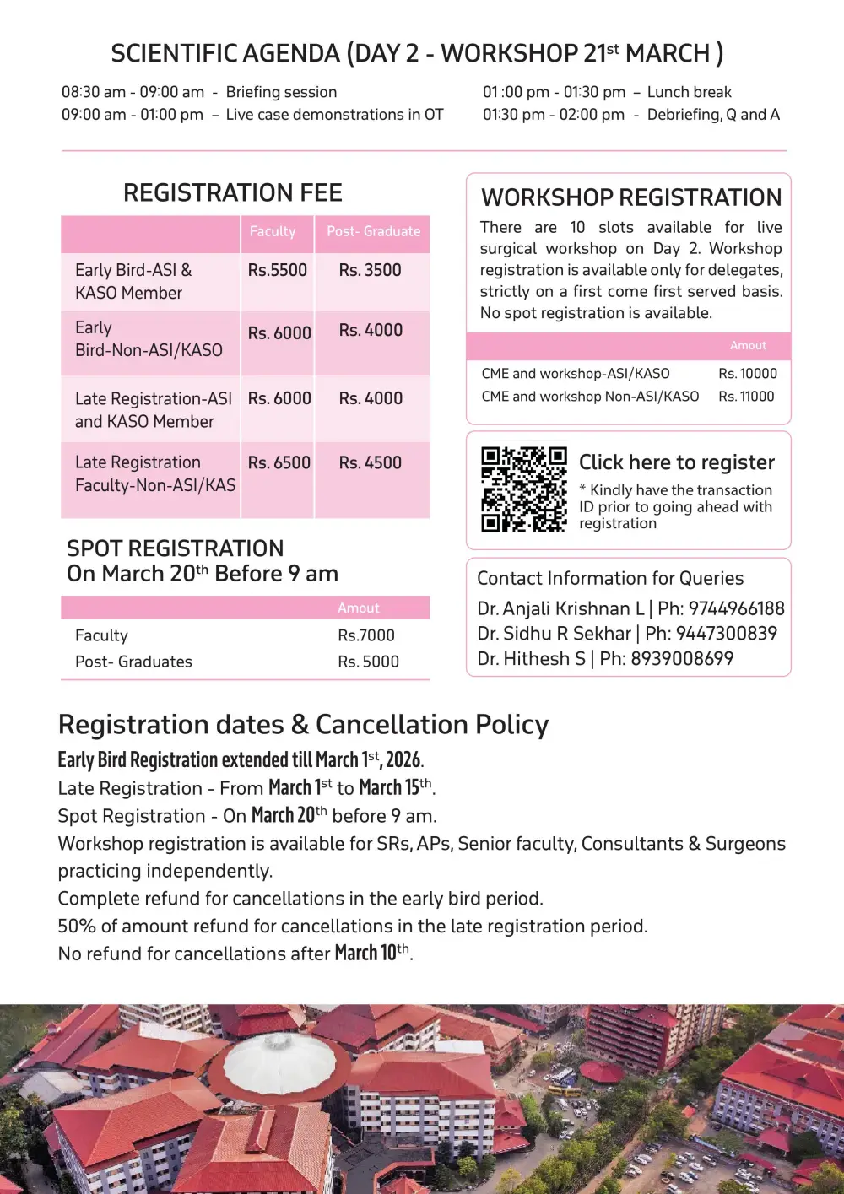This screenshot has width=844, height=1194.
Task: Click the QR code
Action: pyautogui.click(x=523, y=489)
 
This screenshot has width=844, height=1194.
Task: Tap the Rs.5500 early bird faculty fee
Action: pyautogui.click(x=277, y=270)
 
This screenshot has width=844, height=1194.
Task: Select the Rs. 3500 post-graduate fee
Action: pyautogui.click(x=370, y=270)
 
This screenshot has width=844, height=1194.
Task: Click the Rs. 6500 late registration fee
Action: pyautogui.click(x=279, y=462)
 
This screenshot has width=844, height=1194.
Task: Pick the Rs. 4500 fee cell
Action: pyautogui.click(x=370, y=462)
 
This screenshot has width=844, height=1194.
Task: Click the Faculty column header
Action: pyautogui.click(x=272, y=231)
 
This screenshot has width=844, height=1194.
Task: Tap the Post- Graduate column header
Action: pyautogui.click(x=373, y=231)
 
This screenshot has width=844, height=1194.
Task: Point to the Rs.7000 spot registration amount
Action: pyautogui.click(x=366, y=635)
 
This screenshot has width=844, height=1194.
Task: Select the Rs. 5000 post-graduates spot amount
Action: pyautogui.click(x=368, y=662)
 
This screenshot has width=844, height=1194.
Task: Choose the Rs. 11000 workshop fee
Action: pyautogui.click(x=746, y=396)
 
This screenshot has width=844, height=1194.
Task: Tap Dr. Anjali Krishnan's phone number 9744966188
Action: pyautogui.click(x=736, y=608)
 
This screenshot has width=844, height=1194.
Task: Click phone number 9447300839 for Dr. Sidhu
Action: pyautogui.click(x=726, y=633)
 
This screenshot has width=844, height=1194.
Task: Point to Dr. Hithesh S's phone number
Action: pyautogui.click(x=682, y=658)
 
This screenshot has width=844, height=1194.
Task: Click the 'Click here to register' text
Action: pyautogui.click(x=676, y=462)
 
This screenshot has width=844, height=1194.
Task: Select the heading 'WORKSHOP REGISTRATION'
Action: pyautogui.click(x=631, y=197)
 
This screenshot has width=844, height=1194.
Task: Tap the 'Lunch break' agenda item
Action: pyautogui.click(x=689, y=92)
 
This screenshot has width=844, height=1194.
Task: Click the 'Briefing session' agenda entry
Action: pyautogui.click(x=281, y=92)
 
